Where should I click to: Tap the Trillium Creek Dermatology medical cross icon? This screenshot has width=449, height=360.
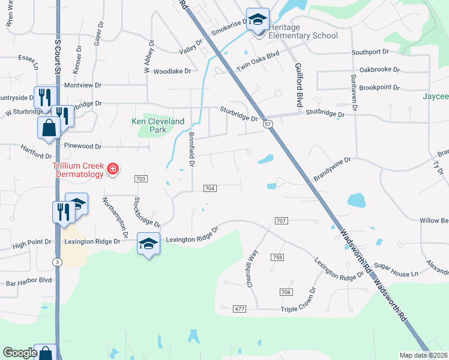point(112,170)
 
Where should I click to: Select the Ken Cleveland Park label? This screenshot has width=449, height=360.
point(158,125)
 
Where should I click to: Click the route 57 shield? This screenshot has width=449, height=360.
point(268,124)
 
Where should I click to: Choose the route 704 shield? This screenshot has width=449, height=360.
point(210,188)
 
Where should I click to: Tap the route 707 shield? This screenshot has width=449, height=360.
point(282,221)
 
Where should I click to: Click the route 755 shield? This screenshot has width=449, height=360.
point(277,257)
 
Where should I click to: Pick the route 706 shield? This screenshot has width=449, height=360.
point(286,292)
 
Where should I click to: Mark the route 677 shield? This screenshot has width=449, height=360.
point(240,308)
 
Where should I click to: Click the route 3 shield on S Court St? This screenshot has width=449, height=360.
point(56,262)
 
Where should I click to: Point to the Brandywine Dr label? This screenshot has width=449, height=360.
point(331,170)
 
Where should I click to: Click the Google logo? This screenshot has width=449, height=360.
point(20,353)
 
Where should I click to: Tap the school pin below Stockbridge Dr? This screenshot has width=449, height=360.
point(149,244)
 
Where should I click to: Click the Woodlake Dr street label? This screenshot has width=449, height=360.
point(172,71)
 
